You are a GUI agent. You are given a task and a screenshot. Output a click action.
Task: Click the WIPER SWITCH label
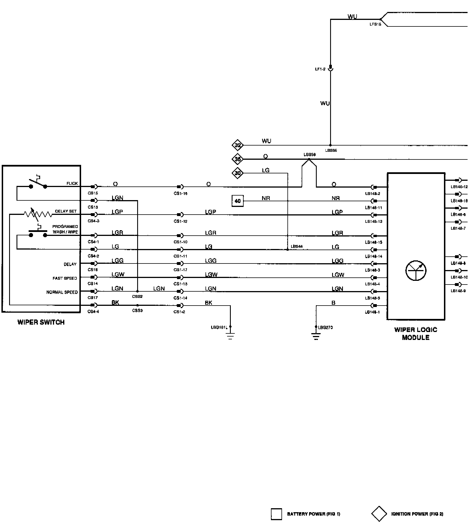41,322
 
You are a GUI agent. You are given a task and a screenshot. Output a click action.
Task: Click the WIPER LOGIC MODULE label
415,334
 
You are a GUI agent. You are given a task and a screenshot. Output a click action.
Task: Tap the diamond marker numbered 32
238,146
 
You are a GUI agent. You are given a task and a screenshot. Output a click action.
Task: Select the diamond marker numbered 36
238,159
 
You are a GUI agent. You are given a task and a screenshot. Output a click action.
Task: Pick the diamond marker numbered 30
238,173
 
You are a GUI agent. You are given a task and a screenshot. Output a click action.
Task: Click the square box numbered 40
238,201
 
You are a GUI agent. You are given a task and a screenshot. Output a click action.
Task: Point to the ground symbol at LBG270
316,337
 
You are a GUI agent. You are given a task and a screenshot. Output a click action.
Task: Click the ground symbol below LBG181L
230,337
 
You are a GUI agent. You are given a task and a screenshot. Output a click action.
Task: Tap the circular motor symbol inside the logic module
415,270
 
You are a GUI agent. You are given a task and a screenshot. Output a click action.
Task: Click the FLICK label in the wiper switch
72,183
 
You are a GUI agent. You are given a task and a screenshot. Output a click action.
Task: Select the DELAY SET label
66,211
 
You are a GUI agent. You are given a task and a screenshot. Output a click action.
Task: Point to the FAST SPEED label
65,278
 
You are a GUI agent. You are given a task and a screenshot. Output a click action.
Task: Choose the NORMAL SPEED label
62,292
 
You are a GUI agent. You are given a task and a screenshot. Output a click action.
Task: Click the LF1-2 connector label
320,69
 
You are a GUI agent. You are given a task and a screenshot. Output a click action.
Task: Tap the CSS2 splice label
137,296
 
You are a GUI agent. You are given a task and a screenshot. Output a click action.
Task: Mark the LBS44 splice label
297,246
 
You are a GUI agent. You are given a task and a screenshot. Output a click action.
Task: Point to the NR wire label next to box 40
266,198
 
